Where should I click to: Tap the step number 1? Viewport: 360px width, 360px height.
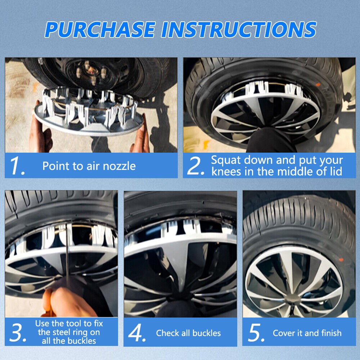coord(17,166)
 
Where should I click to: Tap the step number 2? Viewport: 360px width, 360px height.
coord(195,166)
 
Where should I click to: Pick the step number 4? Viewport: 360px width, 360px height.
coord(137,333)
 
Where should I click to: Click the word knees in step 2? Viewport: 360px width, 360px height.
coord(226,171)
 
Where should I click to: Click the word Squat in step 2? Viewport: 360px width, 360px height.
coord(225,160)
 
